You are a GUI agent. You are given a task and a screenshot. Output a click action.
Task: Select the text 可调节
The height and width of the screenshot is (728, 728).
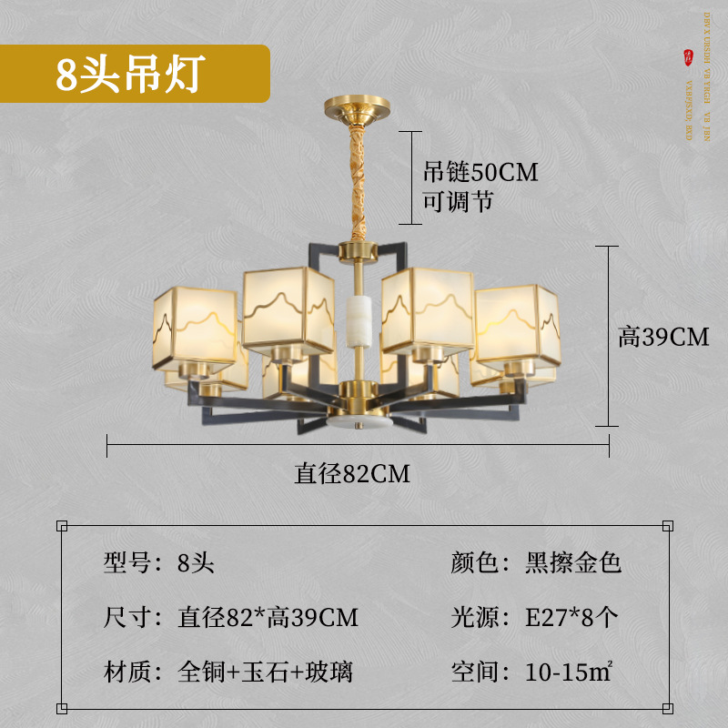(459, 201)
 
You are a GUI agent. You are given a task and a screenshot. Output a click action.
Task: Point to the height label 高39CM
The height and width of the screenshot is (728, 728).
(663, 337)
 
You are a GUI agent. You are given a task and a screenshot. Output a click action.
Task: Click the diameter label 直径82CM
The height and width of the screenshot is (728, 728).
(352, 473)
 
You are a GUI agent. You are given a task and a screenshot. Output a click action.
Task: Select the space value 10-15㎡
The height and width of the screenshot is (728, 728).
(566, 672)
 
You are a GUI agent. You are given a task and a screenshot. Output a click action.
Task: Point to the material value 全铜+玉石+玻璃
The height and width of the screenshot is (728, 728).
(265, 672)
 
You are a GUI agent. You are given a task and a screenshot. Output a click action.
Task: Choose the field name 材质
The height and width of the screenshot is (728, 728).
(126, 672)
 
